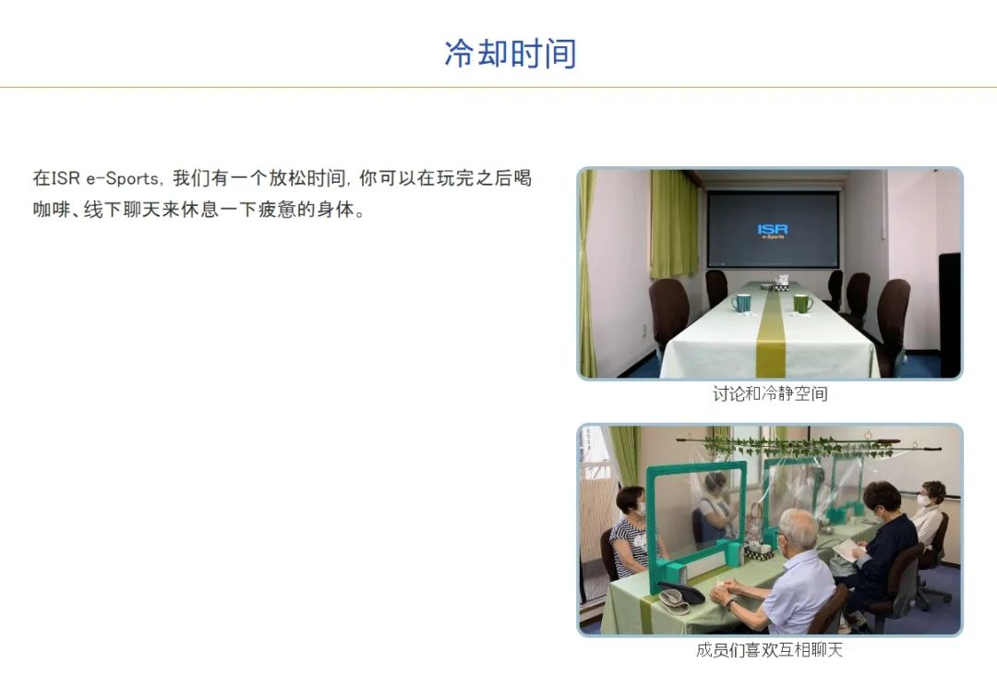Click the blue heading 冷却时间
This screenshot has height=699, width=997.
pos(510,54)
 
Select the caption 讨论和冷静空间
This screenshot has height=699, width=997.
pos(769,393)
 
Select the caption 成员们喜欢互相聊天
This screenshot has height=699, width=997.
pos(769,650)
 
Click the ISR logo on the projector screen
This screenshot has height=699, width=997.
pos(773,230)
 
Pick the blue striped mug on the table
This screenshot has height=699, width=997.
pos(741,303)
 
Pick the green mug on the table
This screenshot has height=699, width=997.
pos(802,304)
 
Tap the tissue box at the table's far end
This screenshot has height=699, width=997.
pos(782,283)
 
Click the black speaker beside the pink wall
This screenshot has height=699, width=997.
pos(949,315)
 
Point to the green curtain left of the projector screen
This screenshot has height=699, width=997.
pos(674,223)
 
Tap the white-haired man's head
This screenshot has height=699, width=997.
pos(799,531)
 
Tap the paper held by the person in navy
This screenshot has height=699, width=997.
pos(846,549)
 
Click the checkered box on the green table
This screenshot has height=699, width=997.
pos(758,554)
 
